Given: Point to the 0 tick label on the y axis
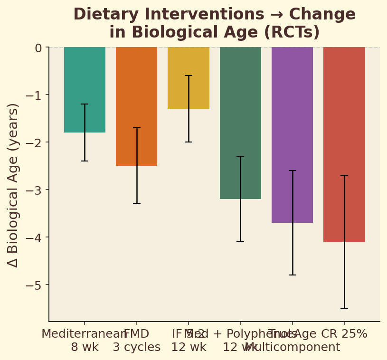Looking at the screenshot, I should pyautogui.click(x=38, y=47).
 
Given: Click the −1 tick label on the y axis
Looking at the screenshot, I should pyautogui.click(x=34, y=95).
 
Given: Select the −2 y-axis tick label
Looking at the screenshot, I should pyautogui.click(x=34, y=142).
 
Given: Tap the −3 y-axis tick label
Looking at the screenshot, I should pyautogui.click(x=34, y=190).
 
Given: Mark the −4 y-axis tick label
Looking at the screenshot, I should pyautogui.click(x=34, y=237).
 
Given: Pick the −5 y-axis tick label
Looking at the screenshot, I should pyautogui.click(x=34, y=285).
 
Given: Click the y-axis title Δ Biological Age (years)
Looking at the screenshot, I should pyautogui.click(x=13, y=185).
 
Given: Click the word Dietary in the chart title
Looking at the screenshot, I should pyautogui.click(x=102, y=15).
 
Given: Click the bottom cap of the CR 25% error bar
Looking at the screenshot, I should pyautogui.click(x=344, y=308).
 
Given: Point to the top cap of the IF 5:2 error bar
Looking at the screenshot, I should pyautogui.click(x=189, y=76).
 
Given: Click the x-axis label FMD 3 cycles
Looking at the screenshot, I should pyautogui.click(x=137, y=341).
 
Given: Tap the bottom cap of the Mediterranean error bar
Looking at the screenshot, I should pyautogui.click(x=85, y=161).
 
